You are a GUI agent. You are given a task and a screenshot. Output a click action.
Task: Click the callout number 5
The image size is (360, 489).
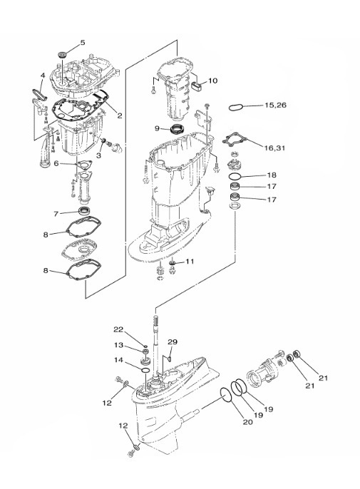point(83,43)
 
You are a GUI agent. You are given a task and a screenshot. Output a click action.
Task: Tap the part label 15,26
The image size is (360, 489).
point(275,105)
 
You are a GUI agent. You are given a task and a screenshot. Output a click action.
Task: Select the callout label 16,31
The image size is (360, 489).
point(274,148)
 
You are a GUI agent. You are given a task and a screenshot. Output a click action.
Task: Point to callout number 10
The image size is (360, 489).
point(212,81)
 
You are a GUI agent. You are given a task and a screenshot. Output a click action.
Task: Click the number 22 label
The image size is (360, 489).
point(118,329)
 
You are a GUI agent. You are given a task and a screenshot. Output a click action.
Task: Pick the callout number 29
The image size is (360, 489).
point(173,342)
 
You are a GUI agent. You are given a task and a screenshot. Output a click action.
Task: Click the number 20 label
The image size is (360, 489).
point(247,422)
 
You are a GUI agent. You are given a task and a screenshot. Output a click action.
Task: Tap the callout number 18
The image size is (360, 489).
point(272,175)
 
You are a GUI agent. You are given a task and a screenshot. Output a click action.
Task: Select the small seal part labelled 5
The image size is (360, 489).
point(63,55)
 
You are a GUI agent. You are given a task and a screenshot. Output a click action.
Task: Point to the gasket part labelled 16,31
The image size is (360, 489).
point(235,143)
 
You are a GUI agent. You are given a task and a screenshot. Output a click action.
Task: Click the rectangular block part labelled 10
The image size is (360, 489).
point(196,85)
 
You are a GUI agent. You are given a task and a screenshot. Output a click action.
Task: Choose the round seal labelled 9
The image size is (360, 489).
point(178,128)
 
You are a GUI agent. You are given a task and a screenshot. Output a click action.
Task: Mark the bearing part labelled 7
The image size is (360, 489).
point(83,211)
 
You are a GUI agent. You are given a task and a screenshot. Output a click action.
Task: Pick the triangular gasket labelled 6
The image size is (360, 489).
point(83,164)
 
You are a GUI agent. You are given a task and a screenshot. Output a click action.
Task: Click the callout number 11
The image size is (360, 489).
point(190,262)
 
